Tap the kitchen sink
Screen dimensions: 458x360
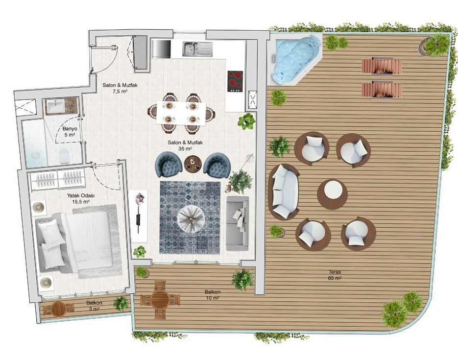tap(198, 48)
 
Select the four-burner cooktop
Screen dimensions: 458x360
tap(235, 81)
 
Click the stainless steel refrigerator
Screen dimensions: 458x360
tap(161, 48)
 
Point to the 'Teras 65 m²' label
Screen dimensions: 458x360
tap(335, 275)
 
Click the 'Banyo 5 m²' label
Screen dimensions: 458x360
tap(70, 132)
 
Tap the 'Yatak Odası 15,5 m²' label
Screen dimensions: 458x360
tap(78, 198)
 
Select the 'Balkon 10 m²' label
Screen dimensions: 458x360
tap(213, 295)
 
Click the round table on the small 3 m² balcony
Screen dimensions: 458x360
tap(58, 310)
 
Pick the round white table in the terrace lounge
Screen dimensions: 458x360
tap(333, 193)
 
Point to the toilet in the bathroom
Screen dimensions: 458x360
tap(64, 155)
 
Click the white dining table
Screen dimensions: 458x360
tap(181, 113)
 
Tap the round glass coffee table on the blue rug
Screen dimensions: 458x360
tap(191, 218)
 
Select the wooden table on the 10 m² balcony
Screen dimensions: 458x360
tap(160, 300)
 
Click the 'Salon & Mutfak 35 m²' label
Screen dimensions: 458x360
tap(185, 145)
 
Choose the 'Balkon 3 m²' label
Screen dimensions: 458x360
tap(94, 306)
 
